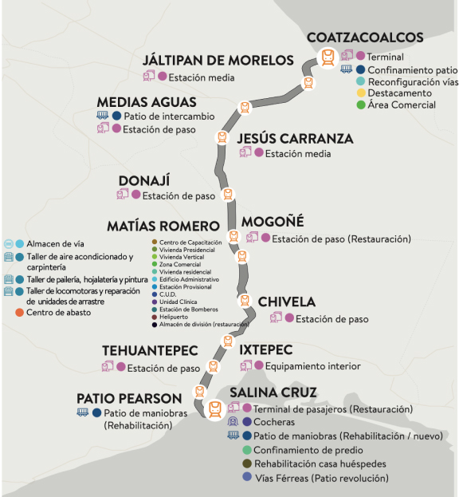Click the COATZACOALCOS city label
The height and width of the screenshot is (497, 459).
pos(365,38)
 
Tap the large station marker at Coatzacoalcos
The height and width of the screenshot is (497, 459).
pos(327,57)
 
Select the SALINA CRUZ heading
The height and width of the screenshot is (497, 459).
pos(273,392)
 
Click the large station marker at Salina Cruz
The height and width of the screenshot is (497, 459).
pos(214,409)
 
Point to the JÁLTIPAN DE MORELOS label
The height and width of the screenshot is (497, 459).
pos(218,61)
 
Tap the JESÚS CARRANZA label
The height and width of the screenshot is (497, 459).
pos(295,139)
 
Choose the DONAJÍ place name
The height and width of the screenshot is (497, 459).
pos(144,180)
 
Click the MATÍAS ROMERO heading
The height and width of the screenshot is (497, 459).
pos(163,226)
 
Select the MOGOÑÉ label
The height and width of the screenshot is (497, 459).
pos(273,223)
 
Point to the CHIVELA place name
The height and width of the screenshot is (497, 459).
pos(287,302)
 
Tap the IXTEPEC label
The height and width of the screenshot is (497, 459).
pos(266,350)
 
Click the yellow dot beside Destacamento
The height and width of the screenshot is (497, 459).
pos(361,93)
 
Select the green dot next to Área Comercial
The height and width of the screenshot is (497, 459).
pos(361,105)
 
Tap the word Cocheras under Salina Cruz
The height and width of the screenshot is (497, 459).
pos(275,422)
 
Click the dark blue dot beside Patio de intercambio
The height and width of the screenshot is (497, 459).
pos(116,116)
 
